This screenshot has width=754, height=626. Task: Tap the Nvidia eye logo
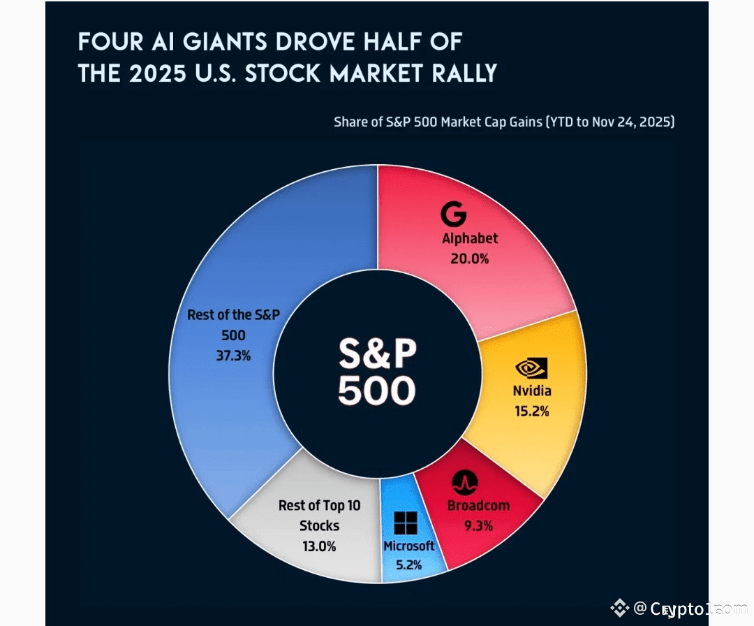(x=531, y=367)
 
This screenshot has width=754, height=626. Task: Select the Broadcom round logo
(x=464, y=482)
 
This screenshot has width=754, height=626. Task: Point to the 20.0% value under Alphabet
(x=470, y=259)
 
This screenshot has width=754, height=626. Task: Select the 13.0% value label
(x=319, y=546)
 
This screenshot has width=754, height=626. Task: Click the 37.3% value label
(x=233, y=356)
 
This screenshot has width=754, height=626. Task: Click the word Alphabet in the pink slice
(x=470, y=238)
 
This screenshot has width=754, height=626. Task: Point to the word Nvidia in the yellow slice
(x=531, y=391)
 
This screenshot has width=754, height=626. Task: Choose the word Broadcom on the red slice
(x=478, y=505)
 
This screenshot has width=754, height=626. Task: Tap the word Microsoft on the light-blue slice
(x=408, y=546)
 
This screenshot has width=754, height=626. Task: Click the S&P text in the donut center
(x=377, y=354)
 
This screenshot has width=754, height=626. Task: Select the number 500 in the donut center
(x=377, y=391)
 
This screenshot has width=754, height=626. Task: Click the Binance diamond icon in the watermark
(x=619, y=609)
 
